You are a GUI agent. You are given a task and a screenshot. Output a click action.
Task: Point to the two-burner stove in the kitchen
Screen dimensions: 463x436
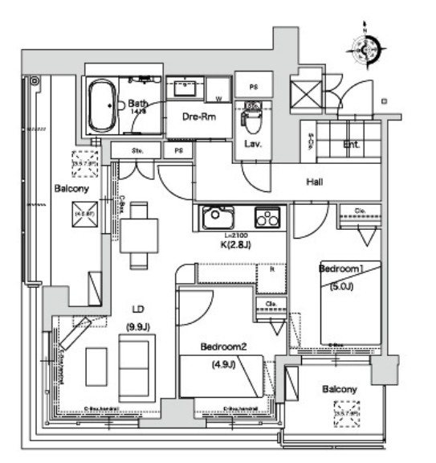[x=266, y=217]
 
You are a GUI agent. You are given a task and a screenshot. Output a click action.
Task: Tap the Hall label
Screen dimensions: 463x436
[x=315, y=183]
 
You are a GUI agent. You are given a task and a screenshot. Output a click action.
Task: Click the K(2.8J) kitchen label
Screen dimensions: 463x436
[x=238, y=244]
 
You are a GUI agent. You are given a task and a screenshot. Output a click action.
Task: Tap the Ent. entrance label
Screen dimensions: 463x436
[x=352, y=145]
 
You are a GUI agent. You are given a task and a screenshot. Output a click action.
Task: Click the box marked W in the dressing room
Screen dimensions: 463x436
[x=219, y=99]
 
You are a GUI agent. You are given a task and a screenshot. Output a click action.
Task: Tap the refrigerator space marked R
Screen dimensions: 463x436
[x=271, y=270]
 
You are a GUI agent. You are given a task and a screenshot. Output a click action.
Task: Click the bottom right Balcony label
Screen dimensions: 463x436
[x=339, y=389]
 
